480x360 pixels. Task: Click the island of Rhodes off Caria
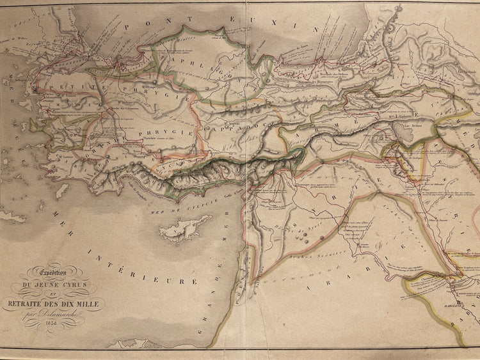point(61,190)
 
